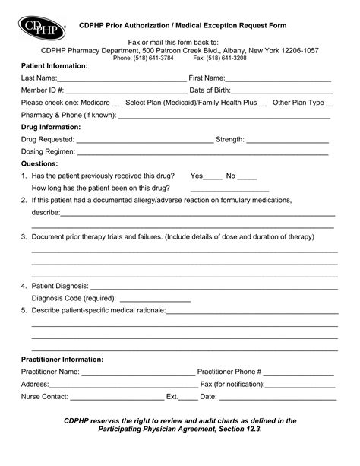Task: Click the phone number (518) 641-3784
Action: click(x=155, y=58)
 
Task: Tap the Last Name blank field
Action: click(x=122, y=79)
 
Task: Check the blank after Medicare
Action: click(x=115, y=103)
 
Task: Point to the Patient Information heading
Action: click(x=55, y=66)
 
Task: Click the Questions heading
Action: click(x=39, y=163)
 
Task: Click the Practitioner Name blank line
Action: click(x=138, y=372)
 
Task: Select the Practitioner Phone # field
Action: click(x=298, y=372)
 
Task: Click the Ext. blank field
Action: click(x=188, y=397)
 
